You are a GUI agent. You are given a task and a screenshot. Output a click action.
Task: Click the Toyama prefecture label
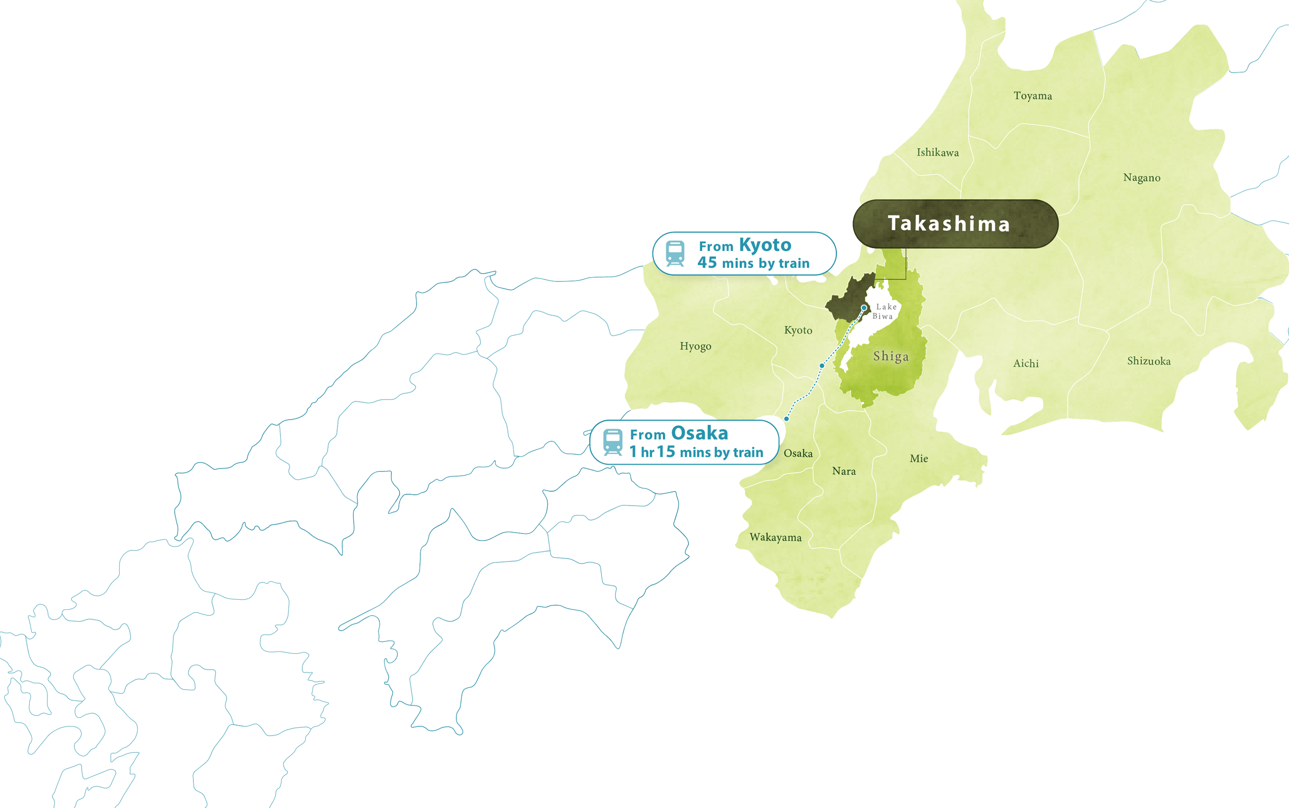tap(1032, 96)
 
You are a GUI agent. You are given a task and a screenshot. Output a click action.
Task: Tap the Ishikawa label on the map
tap(937, 153)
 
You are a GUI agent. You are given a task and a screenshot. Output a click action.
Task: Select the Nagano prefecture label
tap(1142, 178)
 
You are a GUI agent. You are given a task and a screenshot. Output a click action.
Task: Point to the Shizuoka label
tap(1148, 361)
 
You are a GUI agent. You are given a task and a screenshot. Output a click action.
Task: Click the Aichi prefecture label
tap(1025, 363)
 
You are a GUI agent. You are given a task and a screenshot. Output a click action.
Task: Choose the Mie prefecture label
tap(919, 459)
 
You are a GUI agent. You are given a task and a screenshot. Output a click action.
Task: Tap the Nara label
tap(844, 471)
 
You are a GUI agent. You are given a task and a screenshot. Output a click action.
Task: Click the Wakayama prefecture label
tap(775, 538)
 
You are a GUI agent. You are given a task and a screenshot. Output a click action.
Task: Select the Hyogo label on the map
tap(695, 346)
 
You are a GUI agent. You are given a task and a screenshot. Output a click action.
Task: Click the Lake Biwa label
tap(884, 311)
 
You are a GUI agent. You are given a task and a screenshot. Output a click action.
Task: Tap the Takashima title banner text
tap(949, 224)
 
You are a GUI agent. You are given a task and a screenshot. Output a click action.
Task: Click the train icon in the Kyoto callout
tap(675, 253)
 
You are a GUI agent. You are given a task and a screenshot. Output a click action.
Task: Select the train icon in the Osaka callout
tap(613, 442)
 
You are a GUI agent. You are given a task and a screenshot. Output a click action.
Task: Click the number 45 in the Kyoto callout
tap(706, 262)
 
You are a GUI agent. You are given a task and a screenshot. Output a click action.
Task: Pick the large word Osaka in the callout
tap(699, 433)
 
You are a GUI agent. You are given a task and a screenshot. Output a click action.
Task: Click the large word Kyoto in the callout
tap(765, 245)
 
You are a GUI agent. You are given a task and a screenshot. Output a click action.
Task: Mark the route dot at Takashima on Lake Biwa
tap(864, 308)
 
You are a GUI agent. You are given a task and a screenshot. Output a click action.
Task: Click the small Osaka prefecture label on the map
tap(798, 454)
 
